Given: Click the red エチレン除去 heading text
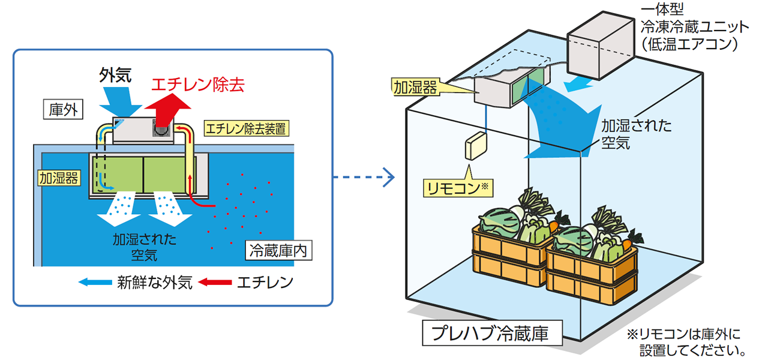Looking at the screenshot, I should [198, 85].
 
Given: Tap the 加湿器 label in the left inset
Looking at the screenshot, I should [59, 178].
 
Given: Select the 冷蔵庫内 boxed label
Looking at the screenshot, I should [277, 251].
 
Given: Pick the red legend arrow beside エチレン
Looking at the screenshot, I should [215, 281].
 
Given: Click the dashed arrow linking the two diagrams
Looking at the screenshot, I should [364, 177].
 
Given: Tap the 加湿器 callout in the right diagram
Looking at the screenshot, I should [414, 87].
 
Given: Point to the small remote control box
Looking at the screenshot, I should [478, 145].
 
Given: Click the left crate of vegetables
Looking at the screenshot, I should [513, 246].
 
